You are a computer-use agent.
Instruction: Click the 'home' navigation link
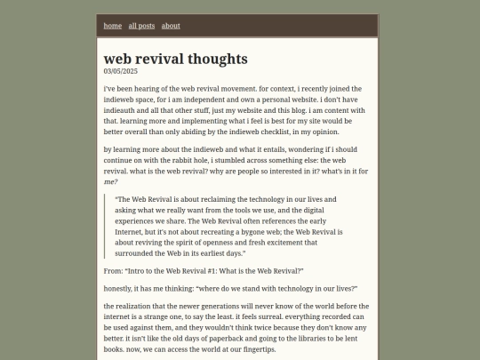[x=113, y=26]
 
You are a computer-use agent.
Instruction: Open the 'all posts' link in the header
[x=141, y=26]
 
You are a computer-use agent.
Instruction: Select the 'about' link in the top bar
[x=171, y=26]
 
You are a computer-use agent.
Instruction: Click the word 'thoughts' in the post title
[x=213, y=59]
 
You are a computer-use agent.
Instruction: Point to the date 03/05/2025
[x=121, y=71]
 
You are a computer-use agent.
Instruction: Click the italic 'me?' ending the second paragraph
[x=110, y=180]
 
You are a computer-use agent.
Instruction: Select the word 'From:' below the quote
[x=113, y=269]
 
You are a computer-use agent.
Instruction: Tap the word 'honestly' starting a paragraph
[x=121, y=289]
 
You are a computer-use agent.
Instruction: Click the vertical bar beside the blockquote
[x=105, y=226]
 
